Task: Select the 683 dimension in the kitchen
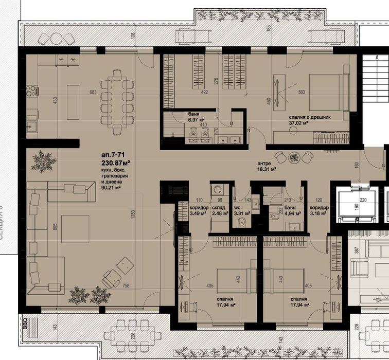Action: tap(93, 93)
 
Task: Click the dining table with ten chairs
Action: tap(117, 101)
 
